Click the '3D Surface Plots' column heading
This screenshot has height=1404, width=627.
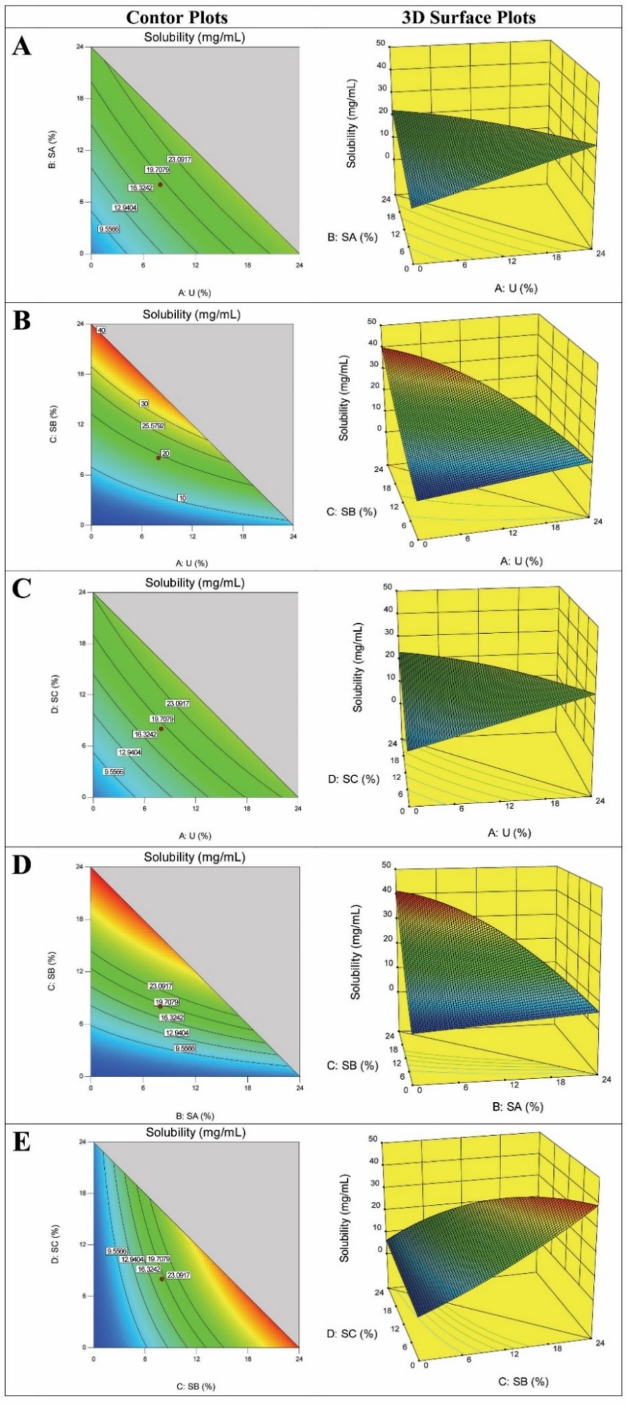pos(469,17)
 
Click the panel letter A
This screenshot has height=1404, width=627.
pos(22,47)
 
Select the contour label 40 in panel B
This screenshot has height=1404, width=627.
pos(101,331)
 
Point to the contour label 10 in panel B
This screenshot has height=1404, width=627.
pos(181,498)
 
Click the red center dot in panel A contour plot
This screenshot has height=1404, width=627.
pos(160,184)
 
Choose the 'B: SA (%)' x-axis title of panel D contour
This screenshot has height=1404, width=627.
pos(195,1116)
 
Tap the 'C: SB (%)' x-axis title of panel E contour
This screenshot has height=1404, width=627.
pos(196,1386)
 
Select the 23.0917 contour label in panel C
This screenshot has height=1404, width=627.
pos(178,703)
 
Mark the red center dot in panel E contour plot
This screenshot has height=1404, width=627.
pos(162,1279)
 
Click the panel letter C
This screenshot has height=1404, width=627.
pos(22,588)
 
